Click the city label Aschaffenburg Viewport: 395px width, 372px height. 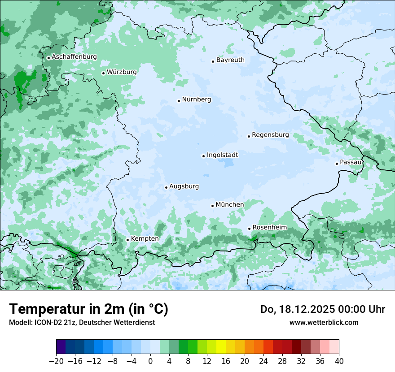click(74, 57)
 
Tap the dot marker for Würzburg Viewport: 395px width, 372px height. click(103, 73)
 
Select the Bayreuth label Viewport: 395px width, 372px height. click(230, 60)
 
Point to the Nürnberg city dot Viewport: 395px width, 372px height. click(179, 101)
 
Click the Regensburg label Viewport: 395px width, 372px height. click(270, 135)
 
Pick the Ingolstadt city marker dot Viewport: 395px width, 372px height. click(203, 156)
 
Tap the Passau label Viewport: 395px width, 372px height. click(351, 162)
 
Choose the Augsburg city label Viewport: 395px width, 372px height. click(184, 186)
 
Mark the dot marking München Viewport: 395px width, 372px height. click(212, 206)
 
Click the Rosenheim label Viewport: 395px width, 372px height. click(269, 228)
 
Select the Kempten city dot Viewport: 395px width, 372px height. click(127, 240)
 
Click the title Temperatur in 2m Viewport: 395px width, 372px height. click(88, 309)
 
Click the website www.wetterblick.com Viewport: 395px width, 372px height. click(324, 322)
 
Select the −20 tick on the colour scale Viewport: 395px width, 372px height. click(57, 361)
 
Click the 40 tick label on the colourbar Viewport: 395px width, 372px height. click(339, 361)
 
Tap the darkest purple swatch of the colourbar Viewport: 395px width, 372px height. click(61, 347)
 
